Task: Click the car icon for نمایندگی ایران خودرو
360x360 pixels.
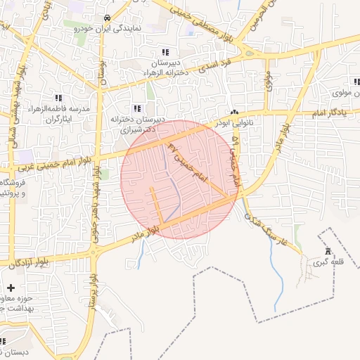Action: [106, 18]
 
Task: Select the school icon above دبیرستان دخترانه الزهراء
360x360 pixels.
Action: [165, 52]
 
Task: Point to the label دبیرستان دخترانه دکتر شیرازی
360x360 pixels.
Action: [137, 124]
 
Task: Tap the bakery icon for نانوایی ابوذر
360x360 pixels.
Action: [234, 112]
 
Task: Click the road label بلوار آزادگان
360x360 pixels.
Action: [28, 263]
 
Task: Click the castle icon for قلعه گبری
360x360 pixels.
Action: [327, 252]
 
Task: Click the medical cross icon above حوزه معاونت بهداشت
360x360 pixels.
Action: [11, 288]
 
